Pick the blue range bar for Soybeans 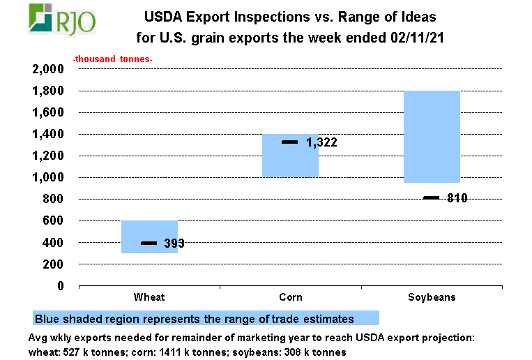[x=432, y=136]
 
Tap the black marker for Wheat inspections [x=149, y=243]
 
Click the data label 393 [x=174, y=243]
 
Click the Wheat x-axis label [x=149, y=297]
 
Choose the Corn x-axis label [x=290, y=297]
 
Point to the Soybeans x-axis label [x=432, y=297]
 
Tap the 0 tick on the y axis [x=61, y=286]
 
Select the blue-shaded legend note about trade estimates [x=205, y=318]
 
